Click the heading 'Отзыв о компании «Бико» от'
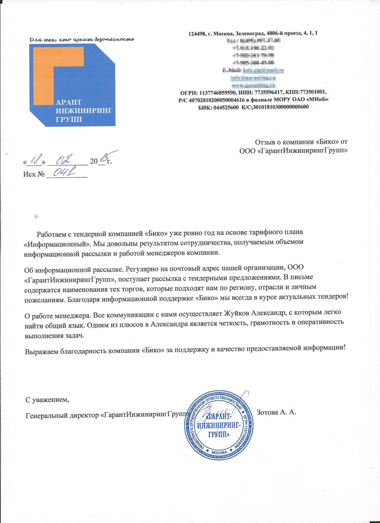(x=301, y=141)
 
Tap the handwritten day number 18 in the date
(x=37, y=160)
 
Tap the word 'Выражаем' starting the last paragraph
(x=43, y=348)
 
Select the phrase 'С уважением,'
(x=48, y=400)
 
